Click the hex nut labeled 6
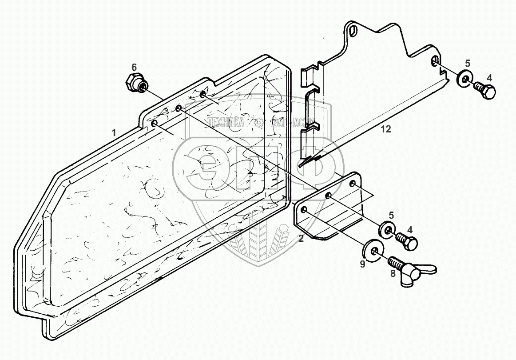(134, 83)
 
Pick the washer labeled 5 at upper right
(464, 80)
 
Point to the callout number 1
(114, 132)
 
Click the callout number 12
(386, 129)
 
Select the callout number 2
(301, 239)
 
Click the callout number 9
(362, 264)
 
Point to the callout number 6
(134, 67)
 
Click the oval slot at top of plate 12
(354, 31)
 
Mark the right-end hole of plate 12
(436, 61)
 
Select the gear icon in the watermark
(258, 122)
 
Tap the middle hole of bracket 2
(329, 196)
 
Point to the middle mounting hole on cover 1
(179, 108)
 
